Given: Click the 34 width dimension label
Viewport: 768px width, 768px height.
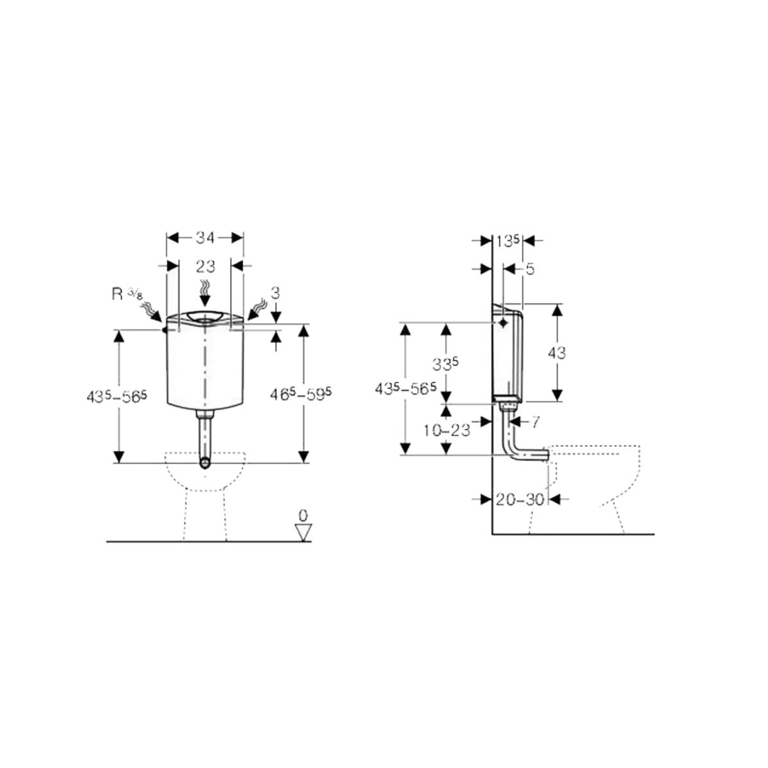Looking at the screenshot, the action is (205, 238).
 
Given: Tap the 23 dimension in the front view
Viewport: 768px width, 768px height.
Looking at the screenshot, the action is (205, 266).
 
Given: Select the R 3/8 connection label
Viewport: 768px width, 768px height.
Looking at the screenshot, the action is (127, 294).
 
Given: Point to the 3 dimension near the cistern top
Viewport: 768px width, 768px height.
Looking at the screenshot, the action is (275, 293).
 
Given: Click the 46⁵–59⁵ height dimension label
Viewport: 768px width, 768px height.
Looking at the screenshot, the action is (301, 394).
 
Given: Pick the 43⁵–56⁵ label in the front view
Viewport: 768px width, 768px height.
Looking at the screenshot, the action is (116, 396).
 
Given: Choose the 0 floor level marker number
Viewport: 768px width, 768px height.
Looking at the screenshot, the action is (303, 516).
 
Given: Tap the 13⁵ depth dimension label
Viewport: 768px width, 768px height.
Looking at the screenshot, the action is (508, 241).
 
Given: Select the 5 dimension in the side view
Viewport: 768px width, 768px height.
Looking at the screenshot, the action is (530, 269).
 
